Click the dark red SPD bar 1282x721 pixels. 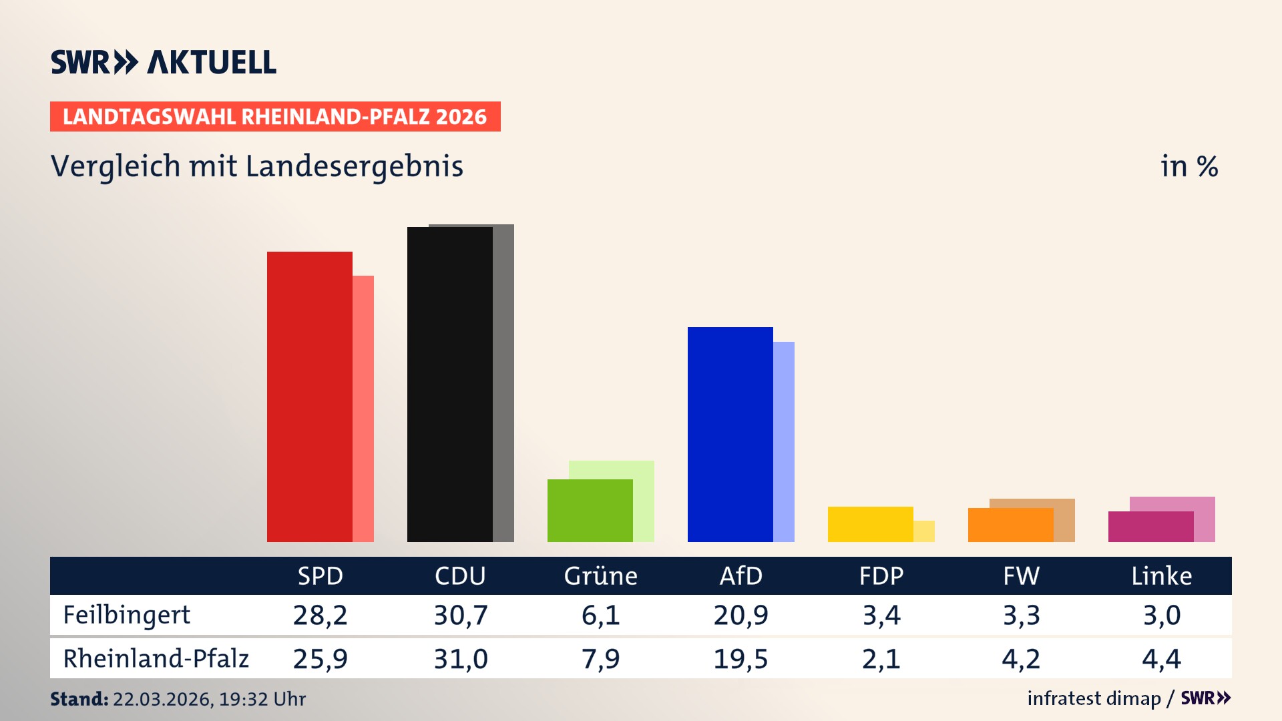pos(309,397)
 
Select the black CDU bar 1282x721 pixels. pos(449,384)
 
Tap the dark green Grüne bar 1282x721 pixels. pos(590,511)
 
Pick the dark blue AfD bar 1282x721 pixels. pos(730,434)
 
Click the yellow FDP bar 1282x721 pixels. pos(870,524)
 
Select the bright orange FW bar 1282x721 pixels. pos(1010,525)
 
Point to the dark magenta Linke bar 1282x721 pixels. pos(1150,527)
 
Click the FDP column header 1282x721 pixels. pos(881,575)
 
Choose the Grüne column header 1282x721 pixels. pos(600,575)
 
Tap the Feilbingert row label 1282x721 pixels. pos(126,615)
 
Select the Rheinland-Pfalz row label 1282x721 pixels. pos(156,658)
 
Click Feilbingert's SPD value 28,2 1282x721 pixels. pos(320,615)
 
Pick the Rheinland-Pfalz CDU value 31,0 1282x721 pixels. pos(460,658)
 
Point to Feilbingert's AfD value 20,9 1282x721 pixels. pos(740,615)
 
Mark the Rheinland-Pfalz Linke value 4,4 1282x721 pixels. pos(1161,658)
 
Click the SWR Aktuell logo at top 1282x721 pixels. pos(163,62)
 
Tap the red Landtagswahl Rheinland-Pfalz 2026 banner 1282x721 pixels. pos(274,116)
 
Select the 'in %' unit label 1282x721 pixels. pos(1189,166)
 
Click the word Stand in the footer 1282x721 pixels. pos(79,699)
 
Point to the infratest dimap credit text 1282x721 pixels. pos(1094,698)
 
